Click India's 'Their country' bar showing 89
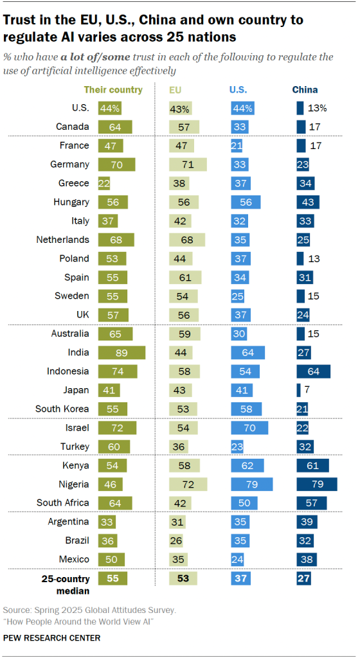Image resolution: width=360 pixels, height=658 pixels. coord(122,353)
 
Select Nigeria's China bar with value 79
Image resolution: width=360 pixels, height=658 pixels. coord(317,484)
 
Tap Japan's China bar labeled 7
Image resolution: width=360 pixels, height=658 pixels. coord(298,390)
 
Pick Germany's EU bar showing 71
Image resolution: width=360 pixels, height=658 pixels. coord(188,164)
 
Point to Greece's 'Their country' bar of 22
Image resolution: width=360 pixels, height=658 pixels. coord(105,183)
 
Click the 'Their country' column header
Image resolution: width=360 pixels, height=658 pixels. coord(113,90)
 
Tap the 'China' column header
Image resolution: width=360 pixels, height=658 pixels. coord(305,90)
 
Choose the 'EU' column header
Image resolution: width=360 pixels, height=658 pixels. coord(175,90)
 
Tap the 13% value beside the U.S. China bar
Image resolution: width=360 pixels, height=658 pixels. coord(318,109)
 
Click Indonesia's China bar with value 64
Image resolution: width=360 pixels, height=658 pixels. coord(313,371)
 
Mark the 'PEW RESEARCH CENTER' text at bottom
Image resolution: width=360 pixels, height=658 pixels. coord(51,638)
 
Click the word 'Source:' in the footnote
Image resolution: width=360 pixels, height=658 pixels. coord(19,609)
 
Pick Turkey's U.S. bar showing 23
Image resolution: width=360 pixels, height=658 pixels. coord(239,446)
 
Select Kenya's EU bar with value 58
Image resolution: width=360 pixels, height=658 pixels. coord(184,465)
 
